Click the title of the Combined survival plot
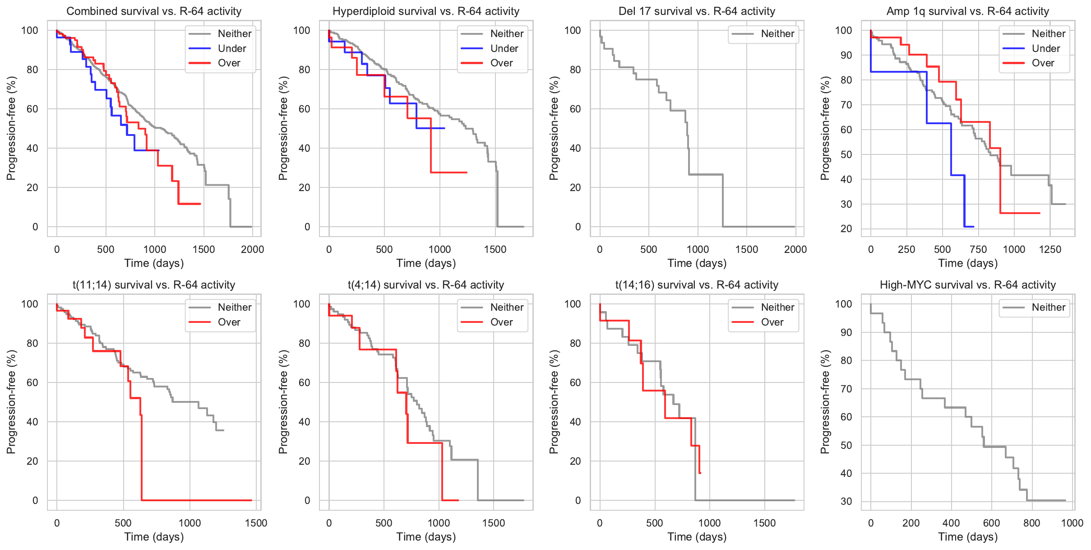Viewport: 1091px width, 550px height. (154, 11)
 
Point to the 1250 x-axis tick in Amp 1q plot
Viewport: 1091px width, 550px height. (1050, 250)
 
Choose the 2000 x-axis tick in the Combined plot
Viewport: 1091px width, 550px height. (252, 250)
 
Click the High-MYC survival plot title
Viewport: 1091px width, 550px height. (967, 285)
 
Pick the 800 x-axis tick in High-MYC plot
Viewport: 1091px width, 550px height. (1031, 523)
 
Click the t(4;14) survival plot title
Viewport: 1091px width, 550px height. (425, 285)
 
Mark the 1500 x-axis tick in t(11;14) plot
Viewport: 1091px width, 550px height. (256, 523)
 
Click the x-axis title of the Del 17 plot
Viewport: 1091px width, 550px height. (697, 263)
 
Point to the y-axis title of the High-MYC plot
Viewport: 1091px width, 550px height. (825, 402)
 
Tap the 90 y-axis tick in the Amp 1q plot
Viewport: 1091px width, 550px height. (843, 55)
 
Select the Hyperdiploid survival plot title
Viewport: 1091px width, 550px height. (425, 11)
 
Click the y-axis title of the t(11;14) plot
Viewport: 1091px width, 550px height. (11, 402)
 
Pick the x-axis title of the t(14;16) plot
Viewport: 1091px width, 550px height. (697, 537)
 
